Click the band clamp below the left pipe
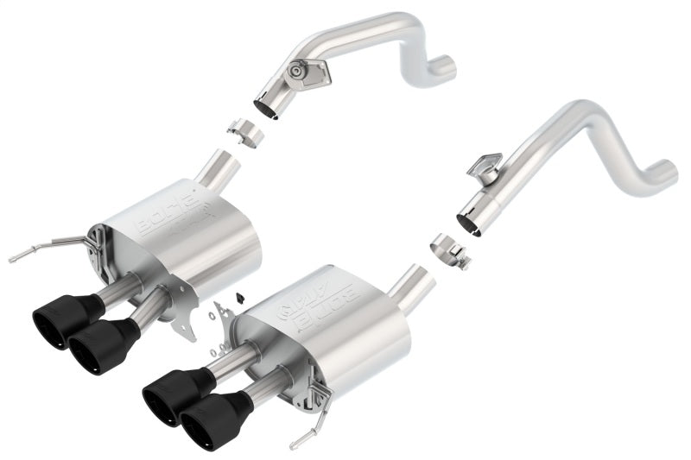245,134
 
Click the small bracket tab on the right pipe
487,165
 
